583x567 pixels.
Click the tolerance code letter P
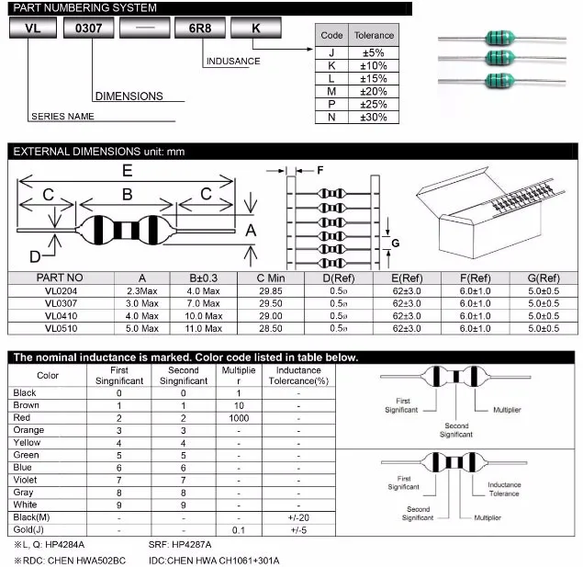point(331,104)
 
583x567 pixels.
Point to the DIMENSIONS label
point(129,96)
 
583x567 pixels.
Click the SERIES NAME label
point(62,117)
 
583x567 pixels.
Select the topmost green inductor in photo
point(497,39)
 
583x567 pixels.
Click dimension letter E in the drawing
point(127,170)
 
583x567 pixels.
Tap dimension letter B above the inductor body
point(128,194)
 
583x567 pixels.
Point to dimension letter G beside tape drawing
point(395,243)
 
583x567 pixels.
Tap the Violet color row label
point(26,480)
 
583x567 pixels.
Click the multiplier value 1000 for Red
point(239,417)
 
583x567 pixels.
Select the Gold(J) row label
point(28,529)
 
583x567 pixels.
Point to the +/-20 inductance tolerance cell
point(297,517)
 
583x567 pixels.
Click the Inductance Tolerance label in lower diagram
point(504,489)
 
